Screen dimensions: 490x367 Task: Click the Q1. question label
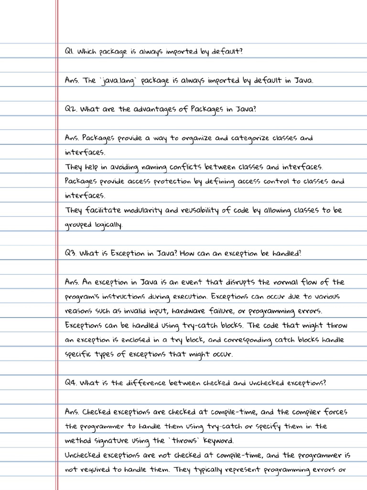coord(69,51)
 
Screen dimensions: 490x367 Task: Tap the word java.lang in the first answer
coord(118,80)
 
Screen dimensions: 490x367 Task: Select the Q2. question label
coord(70,109)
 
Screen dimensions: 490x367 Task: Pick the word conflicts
coord(185,167)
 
